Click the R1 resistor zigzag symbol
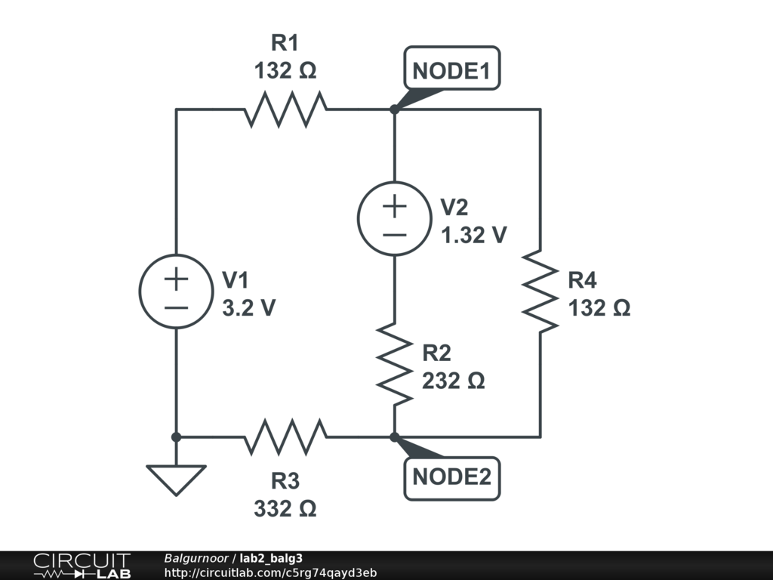click(x=285, y=109)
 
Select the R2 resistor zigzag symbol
click(x=394, y=364)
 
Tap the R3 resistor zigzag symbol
click(x=285, y=437)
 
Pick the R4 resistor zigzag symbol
click(x=540, y=291)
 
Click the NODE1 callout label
click(x=451, y=69)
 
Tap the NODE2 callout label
click(x=451, y=478)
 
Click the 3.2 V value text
click(x=249, y=308)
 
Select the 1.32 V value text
click(x=474, y=236)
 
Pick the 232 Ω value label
click(x=454, y=381)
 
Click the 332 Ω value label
click(x=285, y=508)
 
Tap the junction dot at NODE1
click(x=394, y=109)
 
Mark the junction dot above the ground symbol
click(x=176, y=437)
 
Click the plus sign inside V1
click(x=176, y=279)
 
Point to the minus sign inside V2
click(x=394, y=236)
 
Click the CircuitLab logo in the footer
click(x=82, y=566)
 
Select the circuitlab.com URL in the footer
click(x=271, y=572)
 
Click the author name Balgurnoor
click(x=196, y=558)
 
